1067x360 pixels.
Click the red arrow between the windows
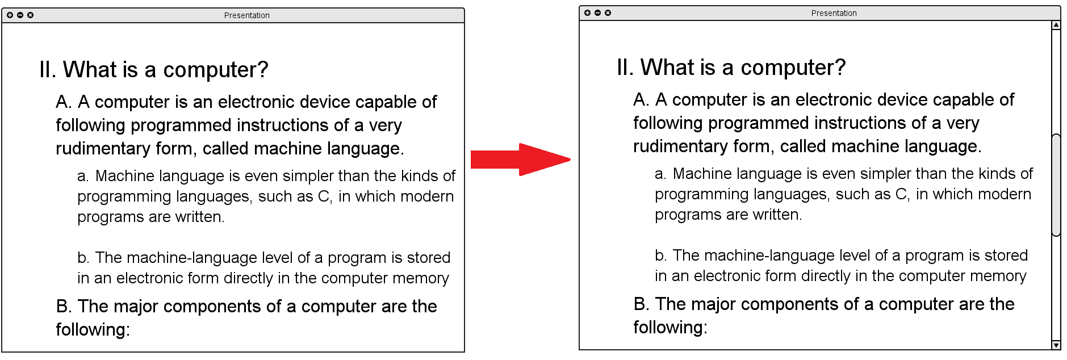click(x=520, y=160)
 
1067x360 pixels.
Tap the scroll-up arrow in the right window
click(x=1056, y=25)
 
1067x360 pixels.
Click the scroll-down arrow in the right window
click(x=1056, y=345)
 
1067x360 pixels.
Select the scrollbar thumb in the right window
click(x=1056, y=185)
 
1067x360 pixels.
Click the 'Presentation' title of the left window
click(x=247, y=15)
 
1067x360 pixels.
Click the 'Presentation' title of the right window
click(x=834, y=13)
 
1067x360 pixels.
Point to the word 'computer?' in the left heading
click(x=216, y=70)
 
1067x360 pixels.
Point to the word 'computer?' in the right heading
click(x=793, y=68)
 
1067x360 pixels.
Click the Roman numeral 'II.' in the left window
click(x=48, y=70)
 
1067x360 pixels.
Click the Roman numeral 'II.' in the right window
click(x=625, y=68)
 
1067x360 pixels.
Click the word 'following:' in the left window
click(x=93, y=330)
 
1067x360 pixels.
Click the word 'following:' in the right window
click(x=671, y=328)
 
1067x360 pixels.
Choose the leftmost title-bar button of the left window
click(x=10, y=15)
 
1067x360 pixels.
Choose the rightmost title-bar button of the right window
click(x=608, y=13)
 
